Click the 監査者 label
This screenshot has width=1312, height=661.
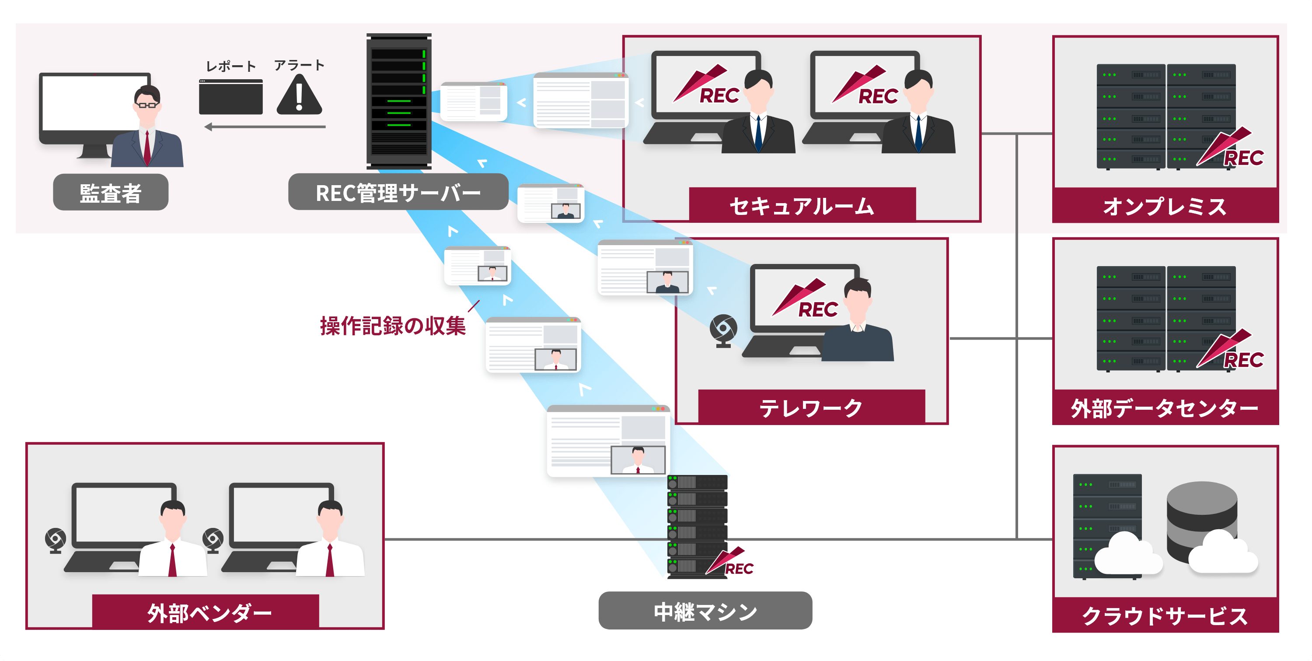click(x=111, y=193)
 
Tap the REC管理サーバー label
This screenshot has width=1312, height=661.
click(x=398, y=193)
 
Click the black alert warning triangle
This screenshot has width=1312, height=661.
click(x=299, y=96)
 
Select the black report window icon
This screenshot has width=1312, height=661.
click(x=231, y=97)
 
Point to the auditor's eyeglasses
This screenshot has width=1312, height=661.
click(x=147, y=105)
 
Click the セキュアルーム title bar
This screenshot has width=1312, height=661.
click(x=802, y=205)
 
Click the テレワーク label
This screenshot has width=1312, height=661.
click(x=811, y=408)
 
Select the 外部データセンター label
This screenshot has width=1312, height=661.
click(x=1165, y=408)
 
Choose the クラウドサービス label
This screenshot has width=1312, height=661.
click(x=1165, y=615)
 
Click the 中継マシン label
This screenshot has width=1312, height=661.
click(x=705, y=611)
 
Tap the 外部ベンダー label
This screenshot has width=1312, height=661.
click(x=209, y=612)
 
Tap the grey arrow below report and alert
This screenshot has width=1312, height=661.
click(x=265, y=127)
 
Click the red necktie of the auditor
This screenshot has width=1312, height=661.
click(x=147, y=148)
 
